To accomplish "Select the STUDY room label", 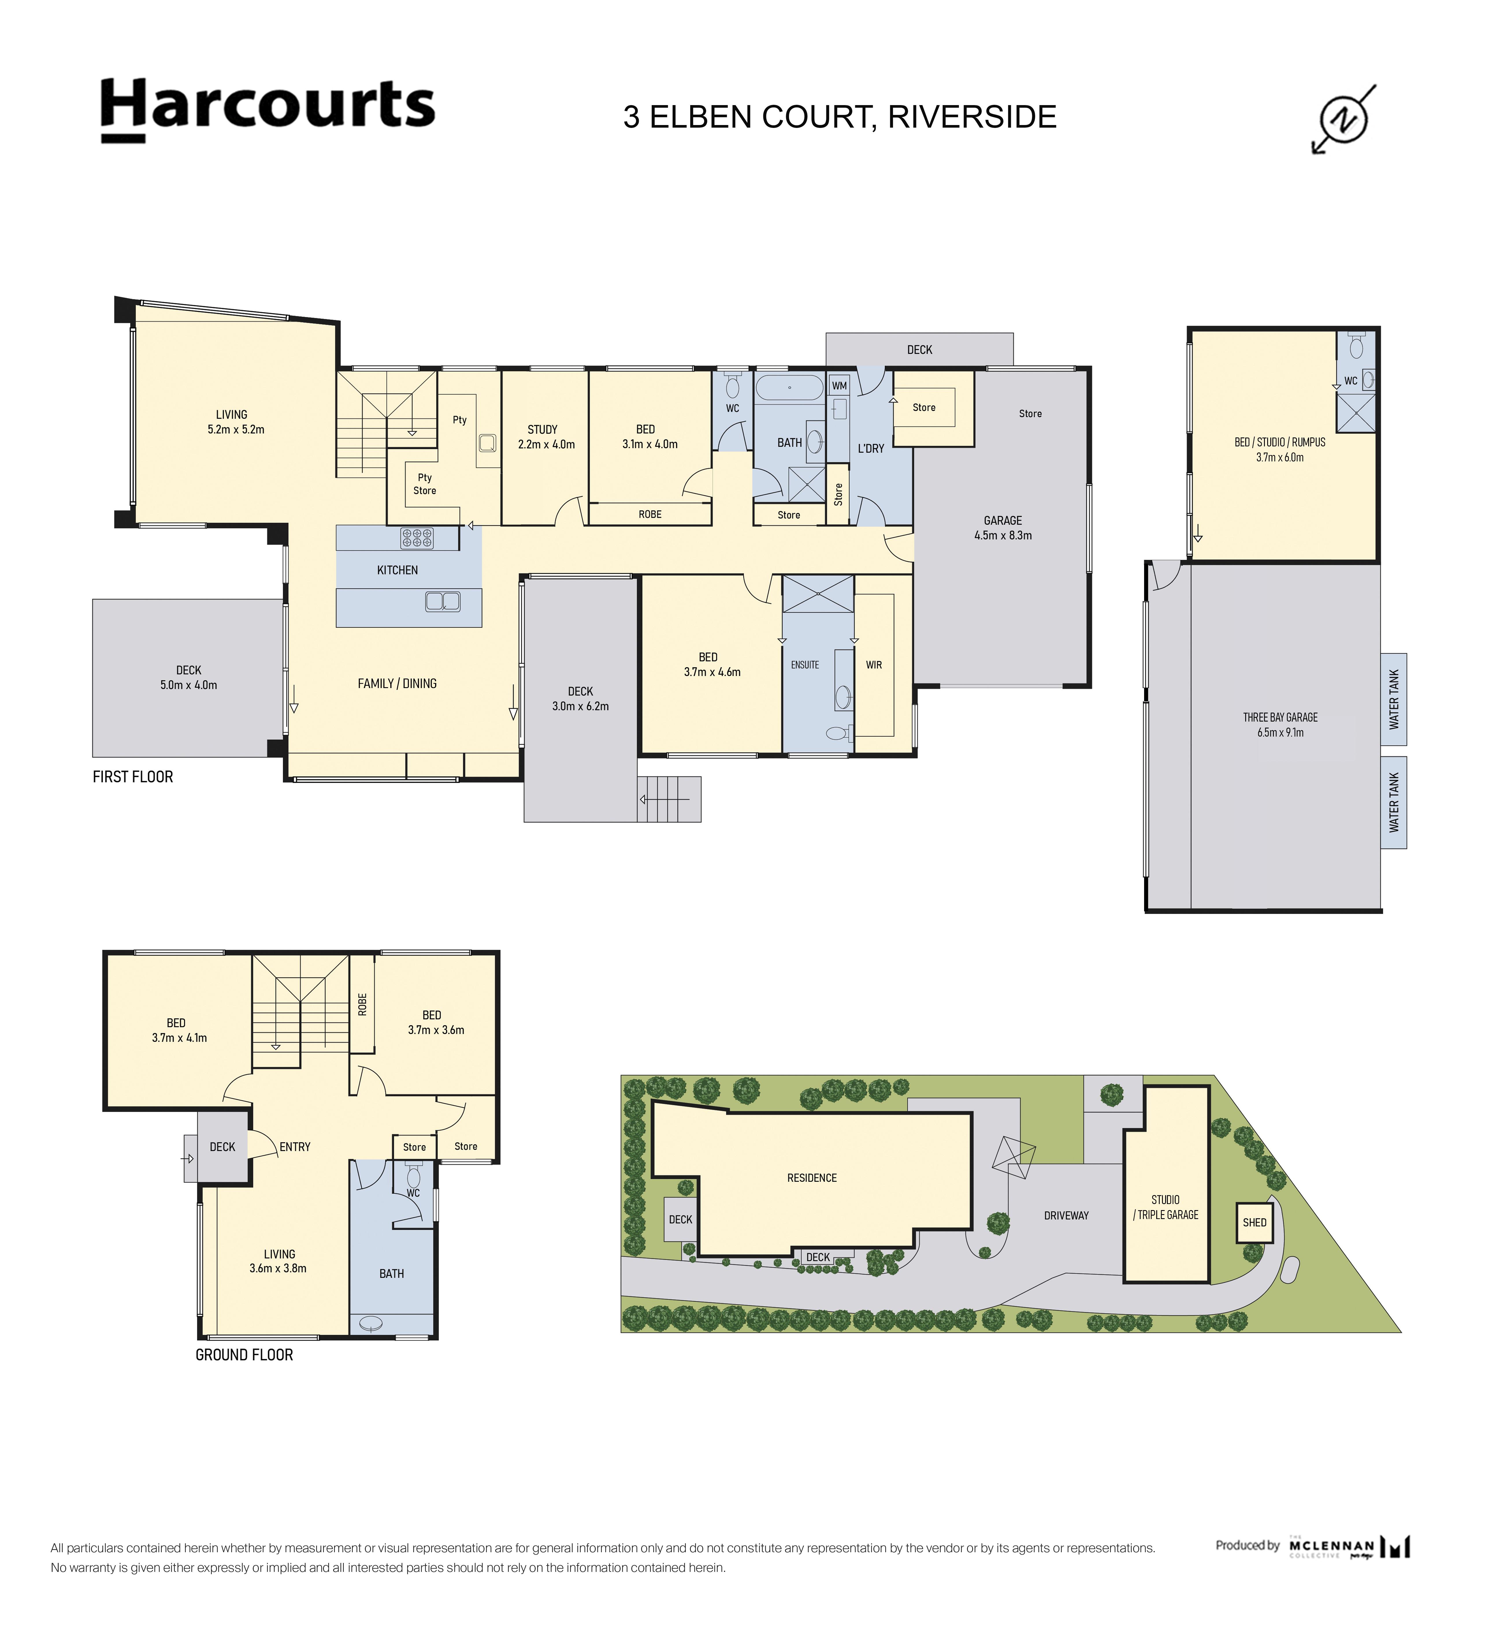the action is (542, 429).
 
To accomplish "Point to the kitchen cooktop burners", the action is (416, 538).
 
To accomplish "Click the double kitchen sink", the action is (443, 601).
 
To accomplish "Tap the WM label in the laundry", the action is (839, 386).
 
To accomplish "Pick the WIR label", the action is (874, 665).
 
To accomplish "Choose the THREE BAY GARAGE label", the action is (1280, 718).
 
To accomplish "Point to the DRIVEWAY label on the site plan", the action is (1066, 1216).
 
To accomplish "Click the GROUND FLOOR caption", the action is (244, 1355).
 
